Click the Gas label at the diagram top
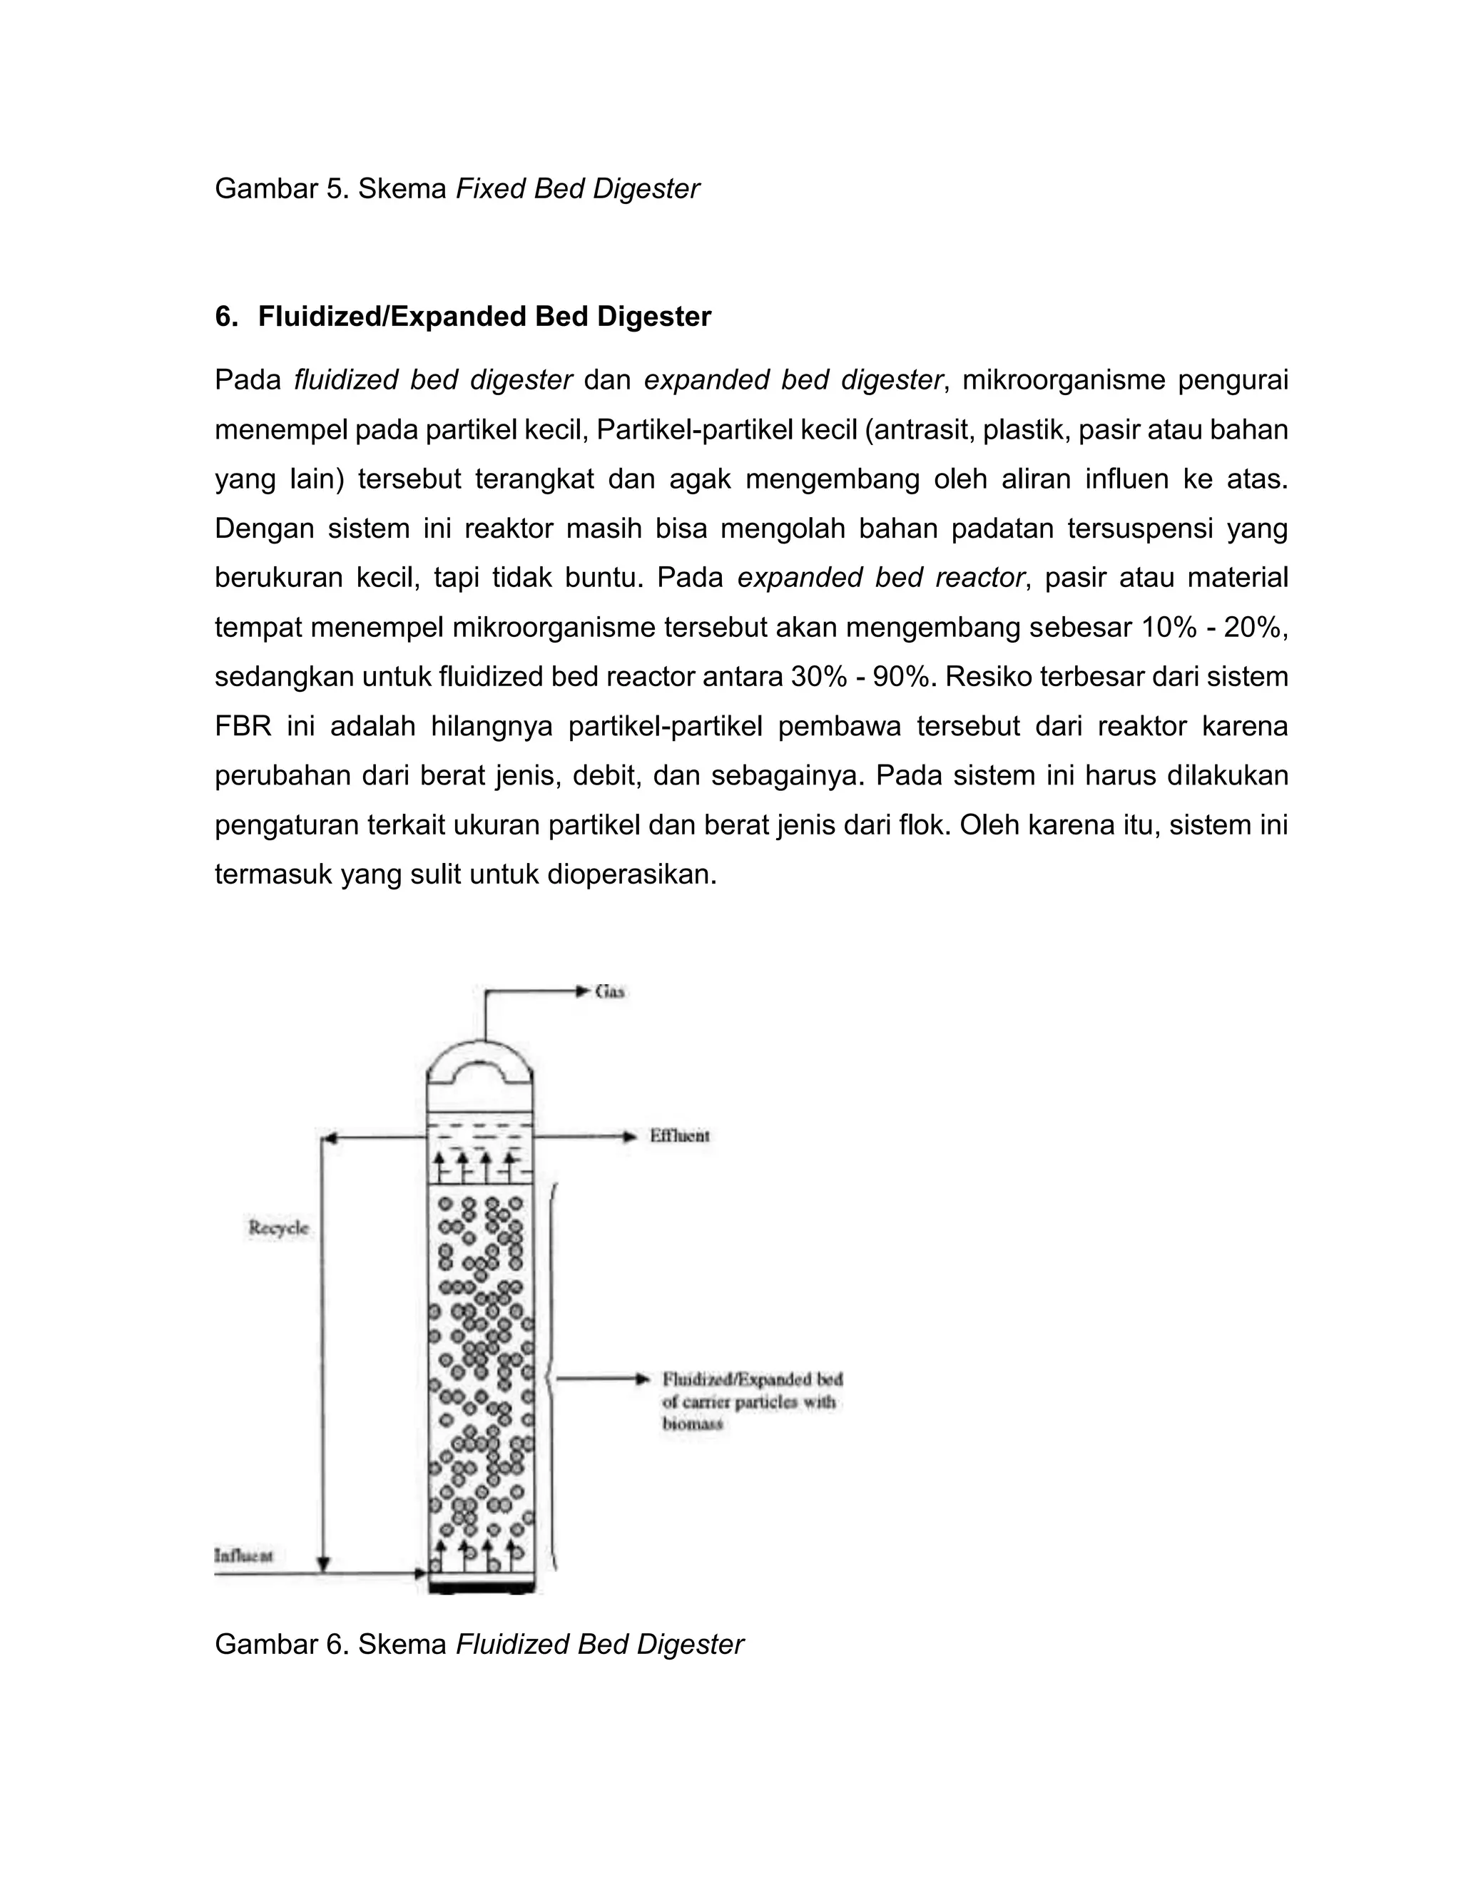coord(610,992)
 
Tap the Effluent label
coord(679,1136)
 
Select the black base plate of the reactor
coord(482,1589)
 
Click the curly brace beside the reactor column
coord(551,1376)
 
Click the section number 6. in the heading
coord(226,317)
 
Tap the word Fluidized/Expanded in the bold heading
coord(392,317)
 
